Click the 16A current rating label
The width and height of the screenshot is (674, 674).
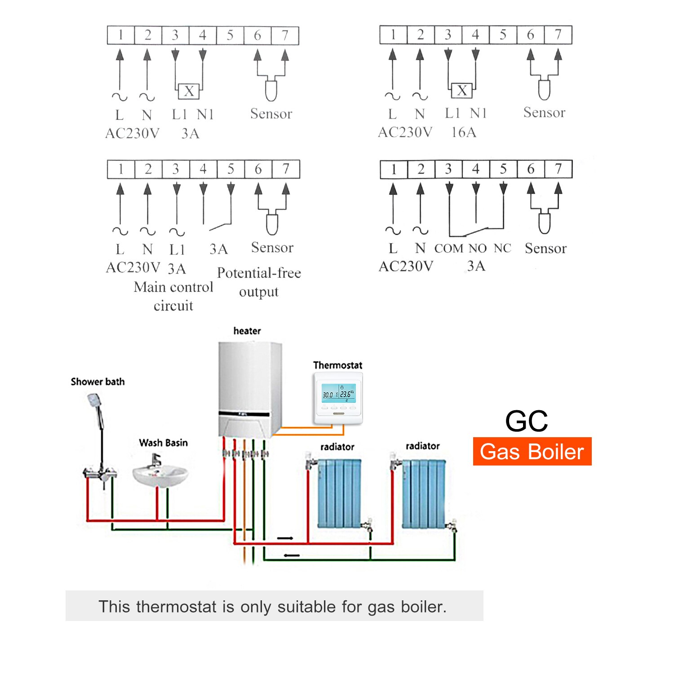click(x=463, y=132)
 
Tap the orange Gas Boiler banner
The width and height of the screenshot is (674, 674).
click(x=532, y=452)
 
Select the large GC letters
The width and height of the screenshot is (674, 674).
click(x=526, y=421)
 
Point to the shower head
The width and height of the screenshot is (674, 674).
click(x=94, y=400)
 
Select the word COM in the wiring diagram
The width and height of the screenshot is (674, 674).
click(x=448, y=248)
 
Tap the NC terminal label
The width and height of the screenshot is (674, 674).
click(x=502, y=248)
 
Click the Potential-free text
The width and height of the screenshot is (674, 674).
click(x=259, y=273)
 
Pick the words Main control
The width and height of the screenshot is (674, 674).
click(x=173, y=287)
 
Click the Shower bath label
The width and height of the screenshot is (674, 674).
click(x=98, y=381)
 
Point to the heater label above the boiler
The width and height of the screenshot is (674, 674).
click(x=247, y=331)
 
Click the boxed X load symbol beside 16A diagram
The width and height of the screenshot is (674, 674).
click(x=461, y=91)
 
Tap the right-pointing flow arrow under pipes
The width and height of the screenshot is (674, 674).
click(x=285, y=538)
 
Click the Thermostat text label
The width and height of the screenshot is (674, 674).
click(x=337, y=365)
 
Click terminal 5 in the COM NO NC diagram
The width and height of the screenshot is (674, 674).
click(x=503, y=169)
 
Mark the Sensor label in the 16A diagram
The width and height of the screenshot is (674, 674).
click(x=544, y=112)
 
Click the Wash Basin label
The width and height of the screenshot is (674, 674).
click(x=163, y=443)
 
